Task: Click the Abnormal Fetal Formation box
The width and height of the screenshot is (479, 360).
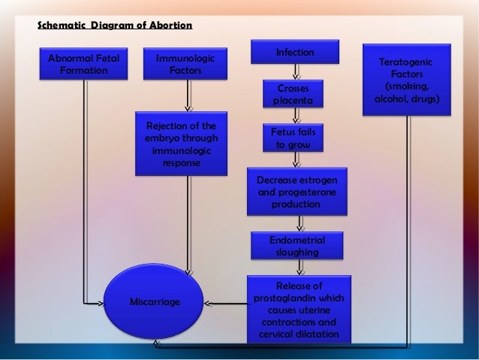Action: [83, 64]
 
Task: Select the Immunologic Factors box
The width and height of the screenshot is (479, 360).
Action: [184, 64]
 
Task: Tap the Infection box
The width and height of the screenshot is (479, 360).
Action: [295, 53]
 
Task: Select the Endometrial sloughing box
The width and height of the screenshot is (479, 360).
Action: [297, 246]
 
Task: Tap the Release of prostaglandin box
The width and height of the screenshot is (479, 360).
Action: [297, 309]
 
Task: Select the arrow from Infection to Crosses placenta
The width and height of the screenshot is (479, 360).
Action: [295, 71]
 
